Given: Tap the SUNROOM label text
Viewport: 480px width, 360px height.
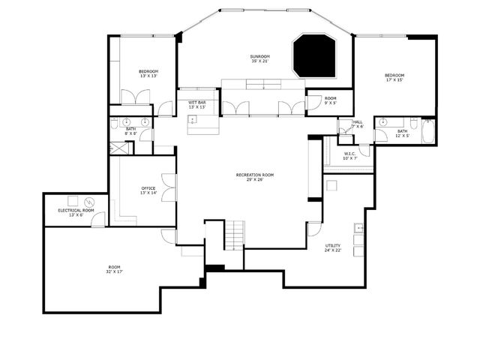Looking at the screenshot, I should tap(260, 57).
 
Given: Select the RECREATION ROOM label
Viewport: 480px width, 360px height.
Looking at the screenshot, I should tap(255, 175).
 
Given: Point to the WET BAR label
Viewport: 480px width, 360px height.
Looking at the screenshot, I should tap(197, 102).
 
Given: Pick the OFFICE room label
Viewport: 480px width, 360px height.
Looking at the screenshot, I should tap(148, 188).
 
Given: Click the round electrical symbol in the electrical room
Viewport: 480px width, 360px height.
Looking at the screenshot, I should tap(90, 202).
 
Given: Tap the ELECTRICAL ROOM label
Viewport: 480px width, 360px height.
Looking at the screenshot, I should tap(76, 211).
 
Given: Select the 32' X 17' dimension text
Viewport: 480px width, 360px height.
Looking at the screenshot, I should tap(114, 271).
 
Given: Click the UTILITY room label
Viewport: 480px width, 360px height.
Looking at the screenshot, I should tap(333, 246).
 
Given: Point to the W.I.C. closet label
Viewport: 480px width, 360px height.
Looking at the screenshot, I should tap(349, 154).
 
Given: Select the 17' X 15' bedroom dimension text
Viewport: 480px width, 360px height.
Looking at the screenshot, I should tap(394, 79).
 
